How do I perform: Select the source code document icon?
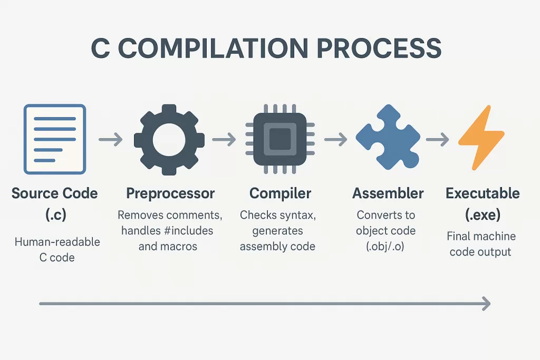pos(55,139)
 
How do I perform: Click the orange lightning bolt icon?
pos(481,139)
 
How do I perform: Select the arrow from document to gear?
pos(111,140)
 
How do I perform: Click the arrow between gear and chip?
pos(224,140)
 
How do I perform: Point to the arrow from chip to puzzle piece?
pos(336,140)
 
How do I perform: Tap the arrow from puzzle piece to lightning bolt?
pos(437,140)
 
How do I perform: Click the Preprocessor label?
pos(170,193)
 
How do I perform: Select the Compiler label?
pos(281,193)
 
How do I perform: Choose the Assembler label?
pos(388,193)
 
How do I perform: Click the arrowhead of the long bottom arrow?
pos(486,304)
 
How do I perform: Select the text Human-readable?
pos(57,242)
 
